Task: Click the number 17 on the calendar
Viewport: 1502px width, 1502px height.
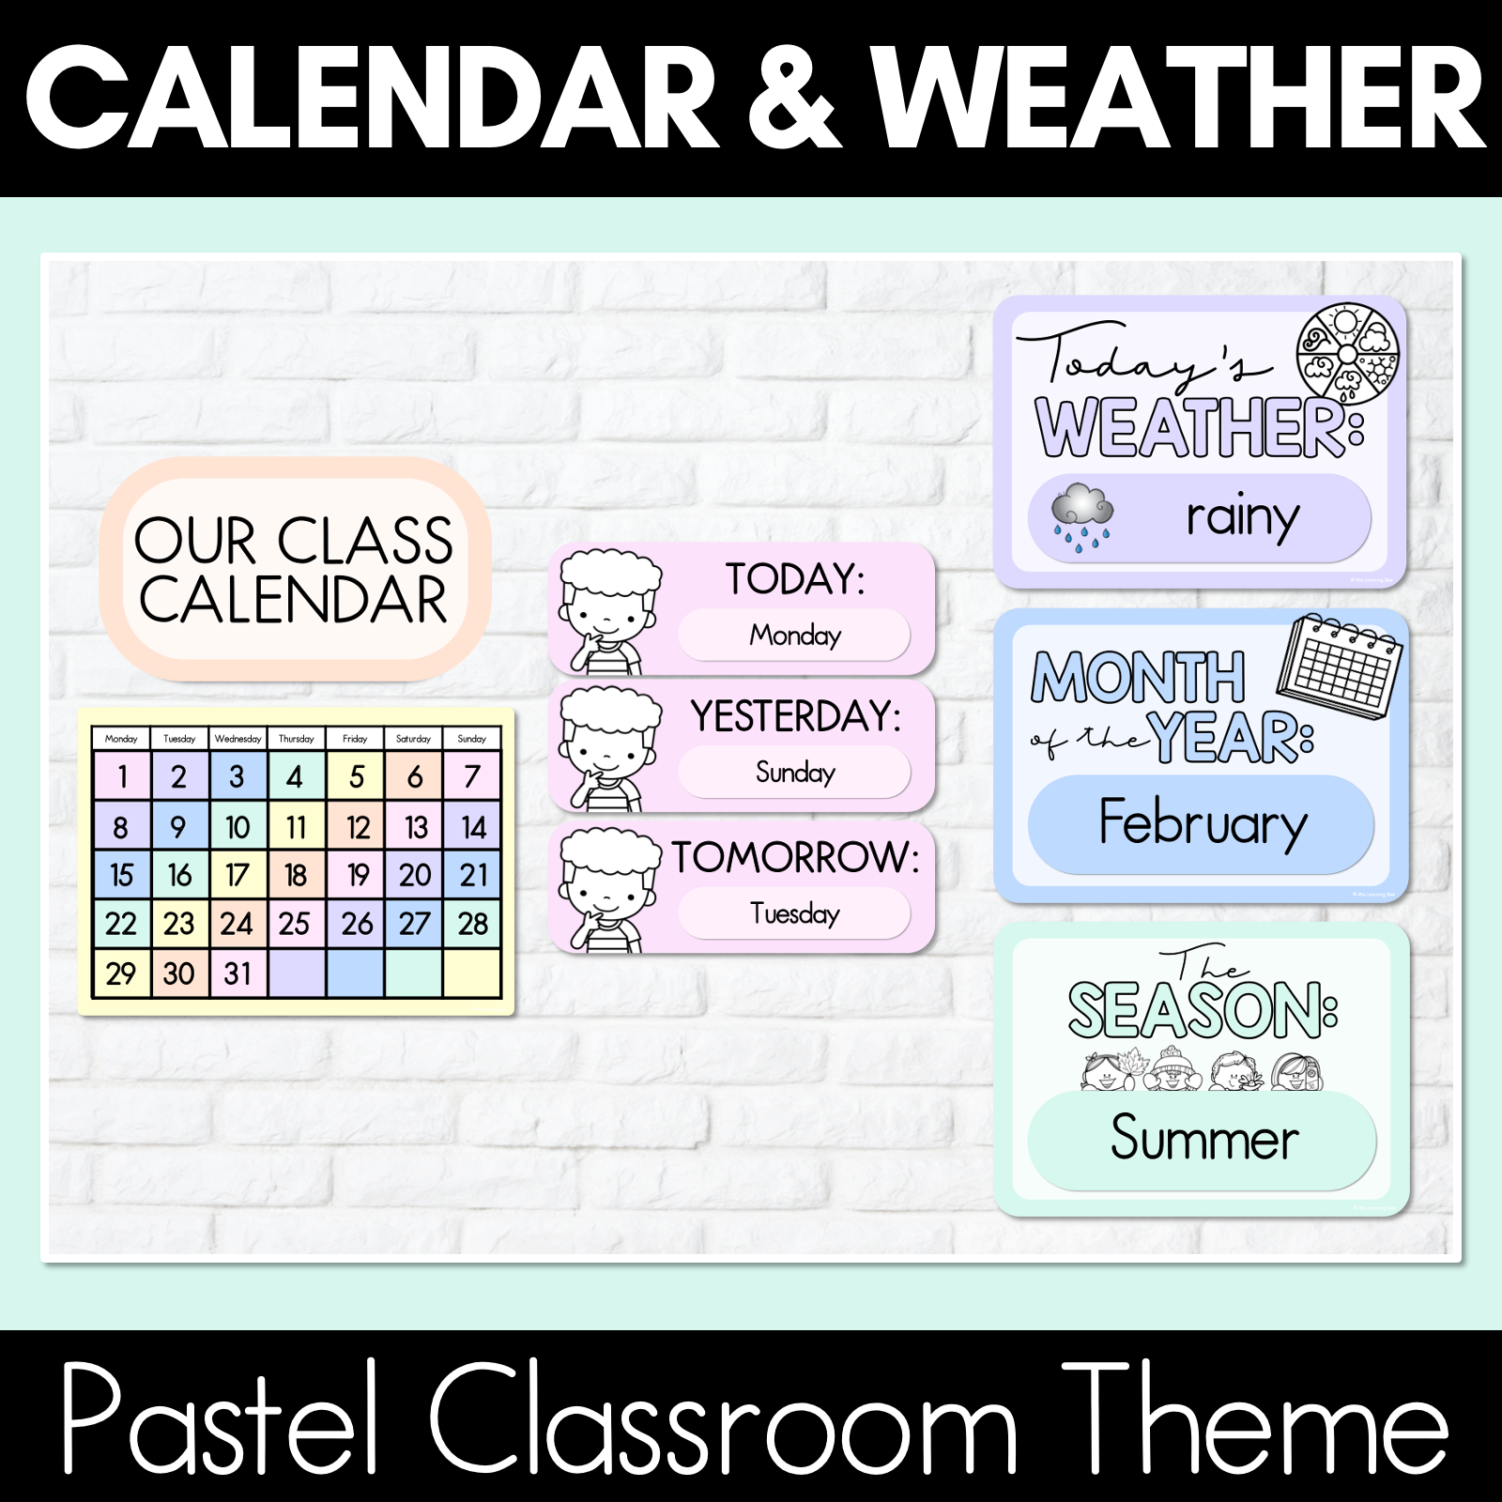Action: [x=238, y=875]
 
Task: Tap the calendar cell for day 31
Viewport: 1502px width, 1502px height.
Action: [x=238, y=973]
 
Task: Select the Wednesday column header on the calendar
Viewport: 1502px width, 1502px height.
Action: [x=238, y=739]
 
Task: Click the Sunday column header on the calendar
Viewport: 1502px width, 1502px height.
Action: [x=471, y=739]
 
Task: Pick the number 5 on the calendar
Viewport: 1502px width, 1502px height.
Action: [x=356, y=776]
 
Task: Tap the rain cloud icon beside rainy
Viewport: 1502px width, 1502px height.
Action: [x=1081, y=516]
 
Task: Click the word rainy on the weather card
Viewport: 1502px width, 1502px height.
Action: [x=1242, y=517]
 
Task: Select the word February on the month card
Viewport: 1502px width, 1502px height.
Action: [x=1203, y=823]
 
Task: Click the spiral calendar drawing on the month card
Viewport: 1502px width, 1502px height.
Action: [x=1340, y=666]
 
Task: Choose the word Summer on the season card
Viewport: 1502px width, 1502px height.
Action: [x=1204, y=1138]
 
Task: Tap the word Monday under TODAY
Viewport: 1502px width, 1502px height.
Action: [x=795, y=636]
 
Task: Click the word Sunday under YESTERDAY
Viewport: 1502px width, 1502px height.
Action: [x=795, y=773]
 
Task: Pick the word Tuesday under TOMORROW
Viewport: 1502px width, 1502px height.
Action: [x=795, y=912]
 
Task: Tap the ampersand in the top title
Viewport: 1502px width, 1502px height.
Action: [x=793, y=99]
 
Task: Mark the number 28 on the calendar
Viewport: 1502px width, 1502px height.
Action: [x=472, y=924]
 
